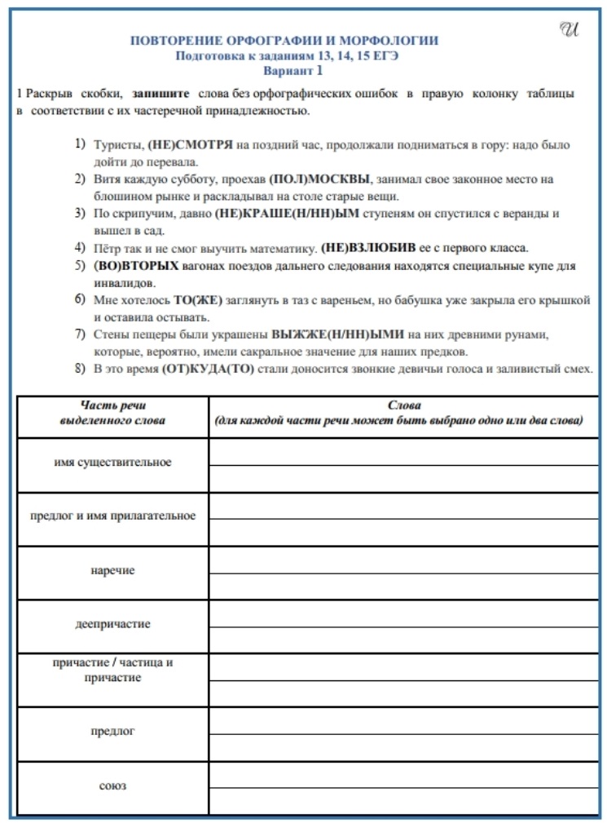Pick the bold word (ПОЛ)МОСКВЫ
click(320, 178)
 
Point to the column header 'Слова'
click(398, 405)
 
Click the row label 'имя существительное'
click(112, 463)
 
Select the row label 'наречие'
click(112, 570)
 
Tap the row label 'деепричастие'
click(112, 624)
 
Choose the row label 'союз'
click(112, 786)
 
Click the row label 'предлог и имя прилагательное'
click(112, 516)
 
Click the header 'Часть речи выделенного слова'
click(112, 413)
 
